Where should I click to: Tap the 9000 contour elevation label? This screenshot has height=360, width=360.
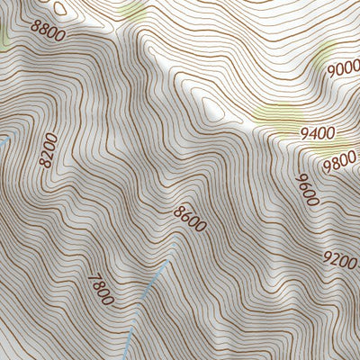341,68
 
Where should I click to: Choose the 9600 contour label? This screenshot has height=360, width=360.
306,189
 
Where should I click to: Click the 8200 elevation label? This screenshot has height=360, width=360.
48,150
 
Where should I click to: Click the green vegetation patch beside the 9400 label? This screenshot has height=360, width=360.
274,114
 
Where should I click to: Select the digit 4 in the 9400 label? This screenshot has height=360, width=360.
311,132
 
